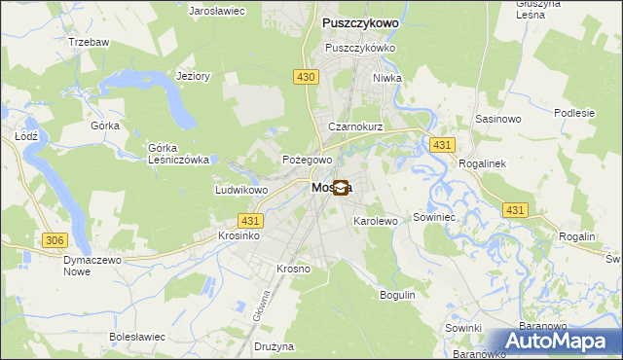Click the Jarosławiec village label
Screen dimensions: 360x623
click(216, 10)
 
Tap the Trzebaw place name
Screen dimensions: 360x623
click(89, 43)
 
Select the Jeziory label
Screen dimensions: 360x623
click(193, 77)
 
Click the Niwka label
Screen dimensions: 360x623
click(386, 78)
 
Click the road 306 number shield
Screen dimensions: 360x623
click(55, 240)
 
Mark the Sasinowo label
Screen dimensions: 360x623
click(499, 118)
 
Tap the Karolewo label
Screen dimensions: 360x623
click(376, 222)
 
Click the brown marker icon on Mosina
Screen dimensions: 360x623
click(341, 189)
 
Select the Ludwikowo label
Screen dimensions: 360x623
click(241, 190)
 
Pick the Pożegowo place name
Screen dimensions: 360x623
click(308, 160)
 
